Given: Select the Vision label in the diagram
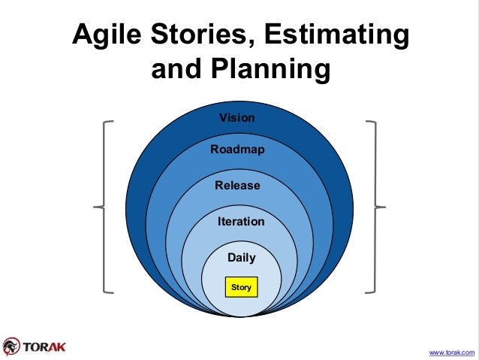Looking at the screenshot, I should [236, 118].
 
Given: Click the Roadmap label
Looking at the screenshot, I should [237, 150].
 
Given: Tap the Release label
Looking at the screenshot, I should [237, 186].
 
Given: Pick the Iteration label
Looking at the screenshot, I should [241, 222].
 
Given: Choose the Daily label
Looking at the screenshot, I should [241, 258].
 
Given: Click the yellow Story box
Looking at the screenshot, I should [241, 287].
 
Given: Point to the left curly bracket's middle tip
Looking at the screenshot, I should [95, 206].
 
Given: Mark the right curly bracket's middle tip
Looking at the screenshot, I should [384, 206].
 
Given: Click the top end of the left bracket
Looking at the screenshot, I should [113, 120].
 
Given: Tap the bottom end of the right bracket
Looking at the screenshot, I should [366, 290].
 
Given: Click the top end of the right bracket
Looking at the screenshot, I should [366, 120].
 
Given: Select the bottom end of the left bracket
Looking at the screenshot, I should [113, 290].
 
